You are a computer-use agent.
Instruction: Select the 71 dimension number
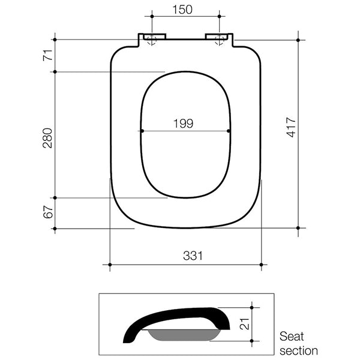click(47, 56)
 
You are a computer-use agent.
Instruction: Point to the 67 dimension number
click(47, 212)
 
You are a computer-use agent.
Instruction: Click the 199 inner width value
click(183, 124)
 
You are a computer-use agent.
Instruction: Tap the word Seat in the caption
click(292, 337)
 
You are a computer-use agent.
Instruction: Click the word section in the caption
click(298, 350)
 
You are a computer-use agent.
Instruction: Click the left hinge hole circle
click(151, 40)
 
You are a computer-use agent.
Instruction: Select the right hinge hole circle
click(220, 40)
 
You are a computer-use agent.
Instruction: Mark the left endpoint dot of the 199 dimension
click(142, 131)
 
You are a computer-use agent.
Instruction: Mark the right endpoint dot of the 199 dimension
click(230, 131)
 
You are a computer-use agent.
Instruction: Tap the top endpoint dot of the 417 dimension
click(298, 40)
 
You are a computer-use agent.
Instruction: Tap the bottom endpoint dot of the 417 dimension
click(298, 228)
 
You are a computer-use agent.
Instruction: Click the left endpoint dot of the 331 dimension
click(110, 264)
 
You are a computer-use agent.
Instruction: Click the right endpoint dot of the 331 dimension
click(262, 264)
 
